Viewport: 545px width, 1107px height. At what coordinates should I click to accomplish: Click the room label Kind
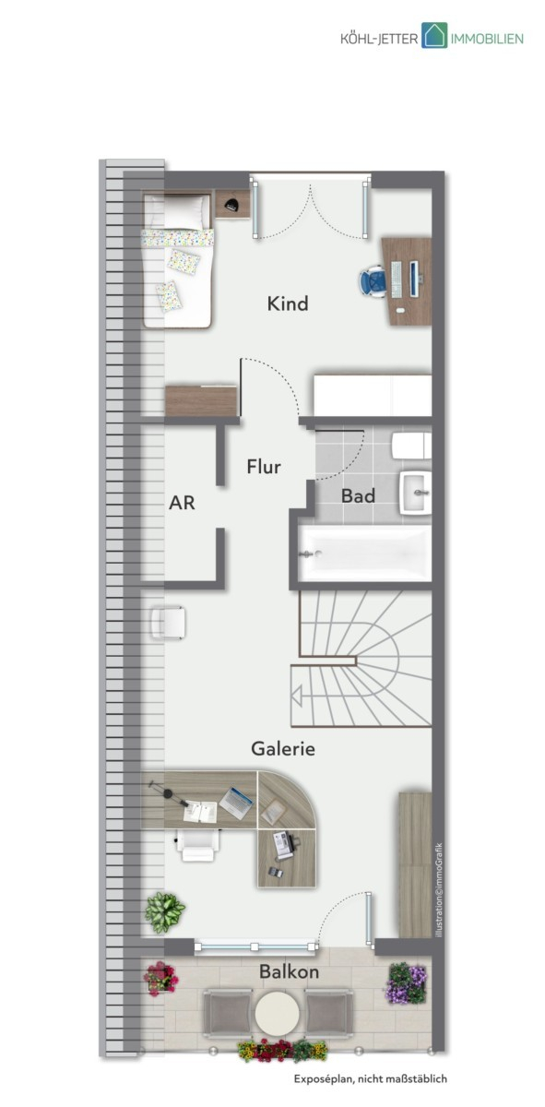[x=288, y=304]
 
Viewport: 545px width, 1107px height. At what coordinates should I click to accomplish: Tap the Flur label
[x=264, y=467]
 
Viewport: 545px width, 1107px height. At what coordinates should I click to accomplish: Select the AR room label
[x=182, y=503]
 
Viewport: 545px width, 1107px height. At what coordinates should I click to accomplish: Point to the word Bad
[x=358, y=495]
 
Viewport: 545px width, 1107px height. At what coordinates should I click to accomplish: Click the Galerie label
[x=283, y=749]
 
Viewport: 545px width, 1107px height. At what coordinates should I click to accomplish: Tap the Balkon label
[x=289, y=972]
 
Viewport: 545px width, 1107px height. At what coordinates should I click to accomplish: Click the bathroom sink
[x=416, y=494]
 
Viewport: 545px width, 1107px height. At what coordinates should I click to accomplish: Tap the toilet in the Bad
[x=411, y=446]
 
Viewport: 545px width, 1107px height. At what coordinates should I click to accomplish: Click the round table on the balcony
[x=278, y=1012]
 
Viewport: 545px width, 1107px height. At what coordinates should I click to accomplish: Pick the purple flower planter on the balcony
[x=406, y=983]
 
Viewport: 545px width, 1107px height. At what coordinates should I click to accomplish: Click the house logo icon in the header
[x=434, y=35]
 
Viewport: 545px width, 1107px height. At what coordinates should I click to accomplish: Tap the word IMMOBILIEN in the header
[x=487, y=39]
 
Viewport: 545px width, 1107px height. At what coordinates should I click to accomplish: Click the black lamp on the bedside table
[x=231, y=203]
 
